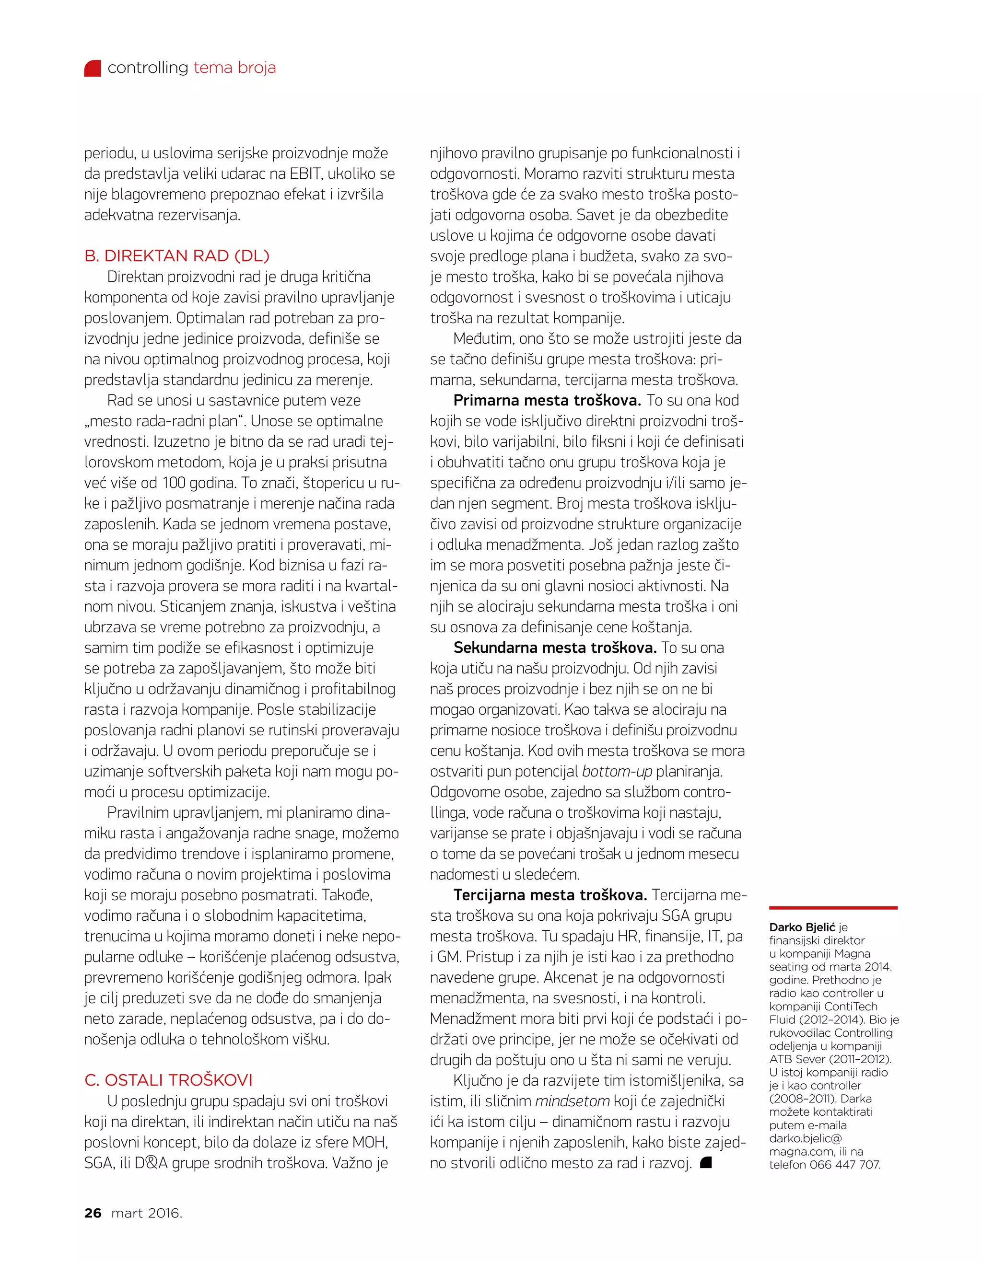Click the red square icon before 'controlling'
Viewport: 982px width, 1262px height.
93,68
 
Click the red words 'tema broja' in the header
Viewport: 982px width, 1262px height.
234,68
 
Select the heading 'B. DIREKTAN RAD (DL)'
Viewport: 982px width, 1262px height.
177,255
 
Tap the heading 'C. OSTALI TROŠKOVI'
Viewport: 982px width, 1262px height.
168,1080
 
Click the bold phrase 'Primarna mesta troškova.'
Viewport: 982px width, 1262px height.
547,400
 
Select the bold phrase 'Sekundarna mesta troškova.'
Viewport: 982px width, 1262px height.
555,647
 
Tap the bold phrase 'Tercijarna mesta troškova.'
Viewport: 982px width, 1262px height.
549,894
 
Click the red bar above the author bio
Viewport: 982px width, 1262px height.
832,908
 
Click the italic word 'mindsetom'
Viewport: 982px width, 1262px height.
572,1101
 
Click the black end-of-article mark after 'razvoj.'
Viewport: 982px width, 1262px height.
705,1163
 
